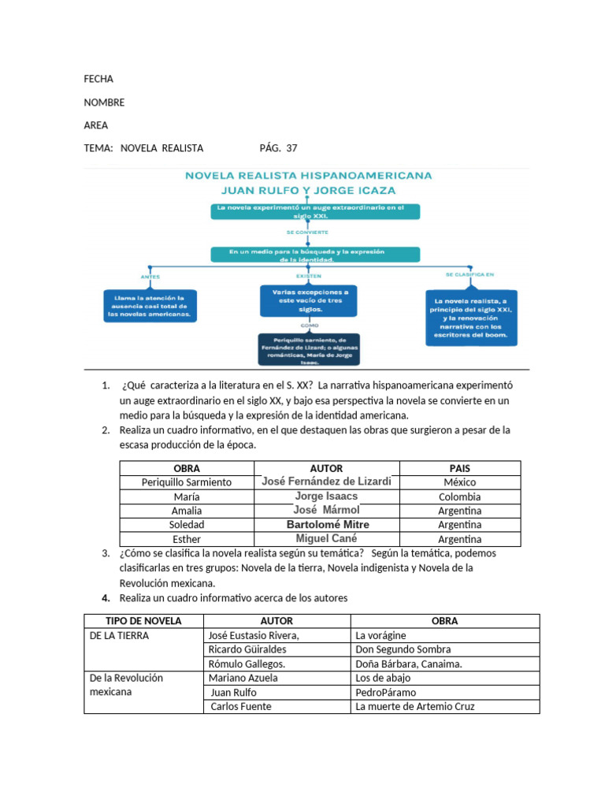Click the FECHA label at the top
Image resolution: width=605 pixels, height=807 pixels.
[x=98, y=79]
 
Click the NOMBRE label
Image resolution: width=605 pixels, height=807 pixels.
[x=104, y=102]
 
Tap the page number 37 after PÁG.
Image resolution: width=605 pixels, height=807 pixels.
[x=291, y=148]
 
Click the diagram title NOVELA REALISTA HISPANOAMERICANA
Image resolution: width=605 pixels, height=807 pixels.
[x=309, y=177]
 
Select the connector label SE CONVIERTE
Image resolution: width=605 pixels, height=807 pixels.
[x=308, y=232]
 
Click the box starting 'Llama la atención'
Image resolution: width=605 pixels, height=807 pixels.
[x=150, y=306]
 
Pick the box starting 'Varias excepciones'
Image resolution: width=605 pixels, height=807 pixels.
[x=308, y=300]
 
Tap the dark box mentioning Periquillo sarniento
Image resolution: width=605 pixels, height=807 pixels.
[x=308, y=349]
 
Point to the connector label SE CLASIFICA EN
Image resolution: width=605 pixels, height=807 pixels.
[x=470, y=274]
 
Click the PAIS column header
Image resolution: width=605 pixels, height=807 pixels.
[x=459, y=468]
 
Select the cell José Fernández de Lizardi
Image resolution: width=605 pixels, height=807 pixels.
[x=327, y=482]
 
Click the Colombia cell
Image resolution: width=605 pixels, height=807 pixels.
[x=459, y=496]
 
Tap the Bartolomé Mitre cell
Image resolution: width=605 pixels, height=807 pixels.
[x=327, y=524]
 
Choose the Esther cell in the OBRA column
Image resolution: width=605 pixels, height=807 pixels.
[x=186, y=539]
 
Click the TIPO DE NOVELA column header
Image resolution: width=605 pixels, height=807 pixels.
[x=143, y=621]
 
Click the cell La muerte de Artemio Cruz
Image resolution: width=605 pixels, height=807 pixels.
[x=415, y=706]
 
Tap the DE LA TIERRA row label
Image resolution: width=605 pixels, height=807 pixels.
[x=118, y=635]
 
